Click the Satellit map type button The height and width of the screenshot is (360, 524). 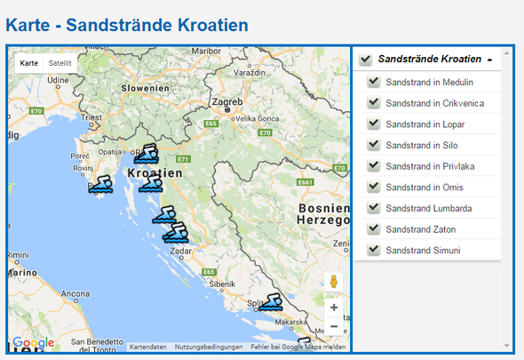pos(60,63)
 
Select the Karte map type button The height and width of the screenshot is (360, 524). pos(29,63)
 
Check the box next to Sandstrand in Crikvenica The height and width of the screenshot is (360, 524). pos(374,103)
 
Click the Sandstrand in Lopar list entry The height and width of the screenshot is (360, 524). pos(423,124)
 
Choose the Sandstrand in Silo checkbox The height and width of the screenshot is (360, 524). pos(374,145)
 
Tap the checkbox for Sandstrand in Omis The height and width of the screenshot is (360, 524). pos(374,188)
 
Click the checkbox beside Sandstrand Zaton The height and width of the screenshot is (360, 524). pos(374,229)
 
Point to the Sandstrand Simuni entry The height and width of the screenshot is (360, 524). pos(423,251)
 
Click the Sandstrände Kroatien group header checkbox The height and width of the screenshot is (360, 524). pos(365,60)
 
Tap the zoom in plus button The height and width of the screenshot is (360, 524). pos(334,307)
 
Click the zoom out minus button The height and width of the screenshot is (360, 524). pos(334,326)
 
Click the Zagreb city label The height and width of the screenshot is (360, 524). pos(228,102)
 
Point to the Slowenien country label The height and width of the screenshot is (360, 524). pos(146,88)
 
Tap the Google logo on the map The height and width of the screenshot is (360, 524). pos(33,343)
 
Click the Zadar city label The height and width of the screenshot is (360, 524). pos(181,252)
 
